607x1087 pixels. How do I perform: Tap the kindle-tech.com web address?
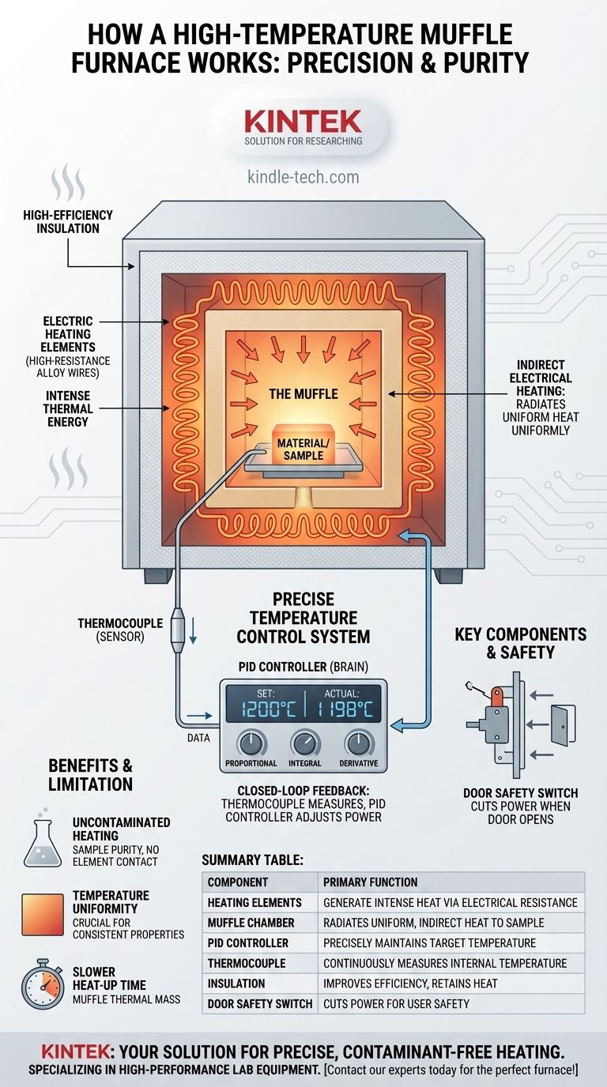tap(303, 177)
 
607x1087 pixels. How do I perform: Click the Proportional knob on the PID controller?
tap(251, 743)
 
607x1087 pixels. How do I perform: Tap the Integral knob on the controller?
tap(305, 743)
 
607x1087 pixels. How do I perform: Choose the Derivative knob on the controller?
tap(359, 743)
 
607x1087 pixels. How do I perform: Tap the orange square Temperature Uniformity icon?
tap(43, 914)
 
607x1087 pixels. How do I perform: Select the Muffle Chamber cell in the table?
tap(251, 923)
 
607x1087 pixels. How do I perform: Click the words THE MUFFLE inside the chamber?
tap(304, 393)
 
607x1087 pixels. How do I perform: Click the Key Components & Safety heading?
tap(521, 643)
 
